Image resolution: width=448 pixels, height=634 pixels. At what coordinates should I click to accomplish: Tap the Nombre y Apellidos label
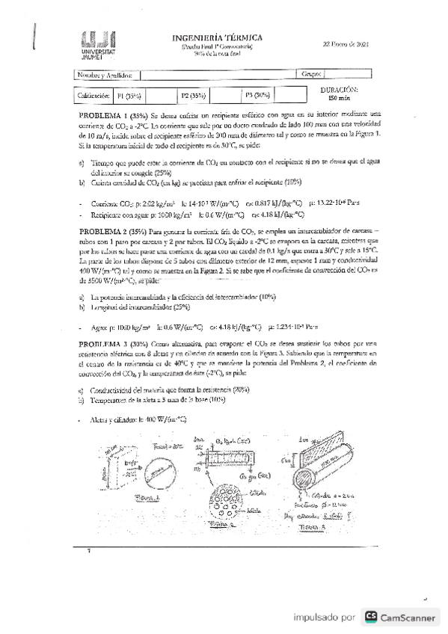tap(105, 75)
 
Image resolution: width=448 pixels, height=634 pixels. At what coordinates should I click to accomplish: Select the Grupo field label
tap(311, 75)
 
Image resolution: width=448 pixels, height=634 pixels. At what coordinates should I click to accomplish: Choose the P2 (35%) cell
tap(193, 96)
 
